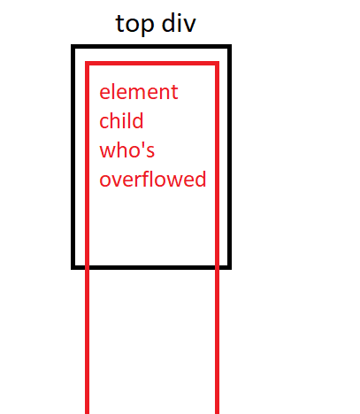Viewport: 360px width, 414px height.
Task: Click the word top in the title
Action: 134,25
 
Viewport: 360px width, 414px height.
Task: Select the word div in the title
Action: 179,23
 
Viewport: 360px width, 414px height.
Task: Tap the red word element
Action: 139,92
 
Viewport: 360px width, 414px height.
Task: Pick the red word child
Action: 121,120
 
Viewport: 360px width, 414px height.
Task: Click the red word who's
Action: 126,149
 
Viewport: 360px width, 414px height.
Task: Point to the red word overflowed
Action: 152,178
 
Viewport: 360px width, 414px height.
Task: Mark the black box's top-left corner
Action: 73,46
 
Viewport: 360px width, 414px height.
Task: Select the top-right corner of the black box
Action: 230,46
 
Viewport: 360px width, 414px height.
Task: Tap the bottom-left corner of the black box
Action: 73,267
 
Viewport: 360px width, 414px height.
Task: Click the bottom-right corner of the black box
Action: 230,267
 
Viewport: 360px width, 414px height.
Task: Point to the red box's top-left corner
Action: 87,63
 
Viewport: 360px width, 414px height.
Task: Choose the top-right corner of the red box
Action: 218,63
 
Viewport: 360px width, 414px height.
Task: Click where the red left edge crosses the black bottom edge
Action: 87,267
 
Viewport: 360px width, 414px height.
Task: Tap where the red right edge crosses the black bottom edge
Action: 218,267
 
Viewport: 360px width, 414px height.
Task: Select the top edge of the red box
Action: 152,63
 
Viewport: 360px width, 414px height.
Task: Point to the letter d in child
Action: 138,120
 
